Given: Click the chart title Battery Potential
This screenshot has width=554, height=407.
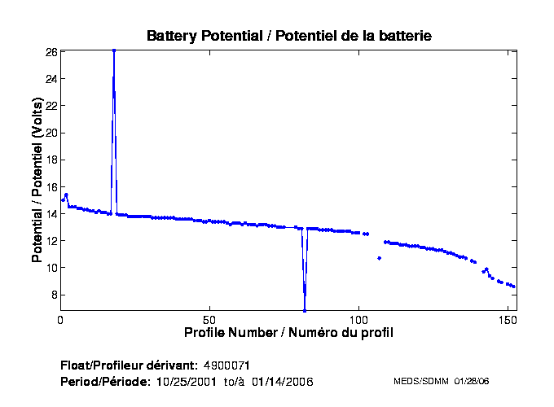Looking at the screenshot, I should (288, 36).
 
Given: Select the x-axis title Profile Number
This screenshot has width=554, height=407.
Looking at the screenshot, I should (288, 332).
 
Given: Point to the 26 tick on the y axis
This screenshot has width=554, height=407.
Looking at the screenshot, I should (51, 51).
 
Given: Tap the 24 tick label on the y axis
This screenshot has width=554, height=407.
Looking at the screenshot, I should (51, 79).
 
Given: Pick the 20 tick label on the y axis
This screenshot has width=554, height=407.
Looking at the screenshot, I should (51, 133).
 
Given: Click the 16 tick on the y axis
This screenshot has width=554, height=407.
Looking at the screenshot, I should (51, 186).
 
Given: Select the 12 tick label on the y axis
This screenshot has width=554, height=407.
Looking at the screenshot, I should (51, 240).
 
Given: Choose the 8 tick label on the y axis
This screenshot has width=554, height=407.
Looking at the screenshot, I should (53, 295).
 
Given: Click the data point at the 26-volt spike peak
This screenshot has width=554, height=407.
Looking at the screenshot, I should (114, 50).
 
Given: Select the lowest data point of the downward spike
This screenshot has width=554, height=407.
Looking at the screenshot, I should (305, 310).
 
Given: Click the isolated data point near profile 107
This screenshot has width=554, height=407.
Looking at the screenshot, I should (379, 258).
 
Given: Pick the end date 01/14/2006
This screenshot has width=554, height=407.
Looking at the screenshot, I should (283, 381).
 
